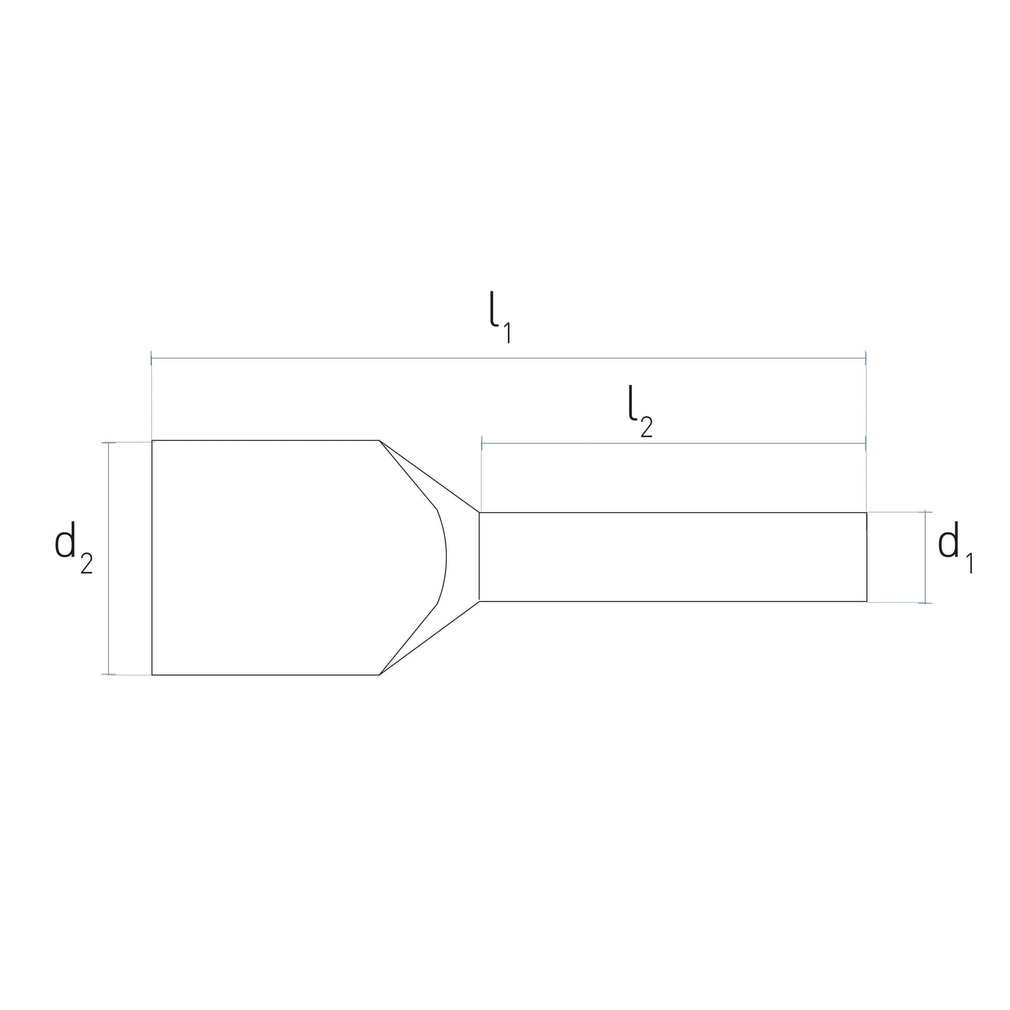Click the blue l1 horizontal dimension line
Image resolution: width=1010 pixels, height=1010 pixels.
pos(508,358)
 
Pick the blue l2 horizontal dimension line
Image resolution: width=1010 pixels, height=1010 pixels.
pos(673,443)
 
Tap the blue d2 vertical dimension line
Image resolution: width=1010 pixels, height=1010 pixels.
pos(109,558)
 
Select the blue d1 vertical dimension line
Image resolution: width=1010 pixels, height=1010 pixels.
pos(925,557)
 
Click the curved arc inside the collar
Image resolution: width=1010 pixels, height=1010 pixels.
pos(446,557)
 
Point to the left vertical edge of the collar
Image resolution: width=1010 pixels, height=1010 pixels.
pos(152,557)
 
